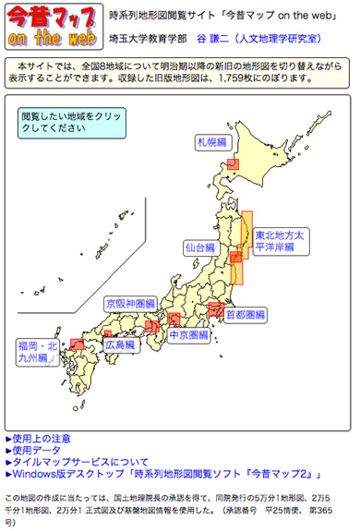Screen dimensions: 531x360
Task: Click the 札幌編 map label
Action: tap(210, 142)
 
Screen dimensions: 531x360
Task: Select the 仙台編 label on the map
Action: tap(199, 248)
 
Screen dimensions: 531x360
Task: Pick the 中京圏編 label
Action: tap(188, 335)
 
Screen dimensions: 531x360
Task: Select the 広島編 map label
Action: tap(118, 344)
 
